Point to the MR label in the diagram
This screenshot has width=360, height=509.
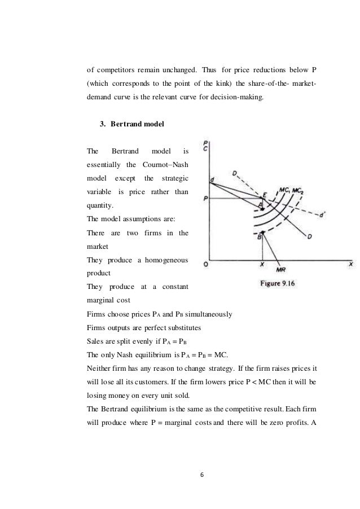(280, 270)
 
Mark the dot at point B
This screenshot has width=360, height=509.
(262, 232)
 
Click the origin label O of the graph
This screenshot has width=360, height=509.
(206, 264)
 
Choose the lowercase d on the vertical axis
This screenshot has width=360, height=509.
(212, 179)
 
